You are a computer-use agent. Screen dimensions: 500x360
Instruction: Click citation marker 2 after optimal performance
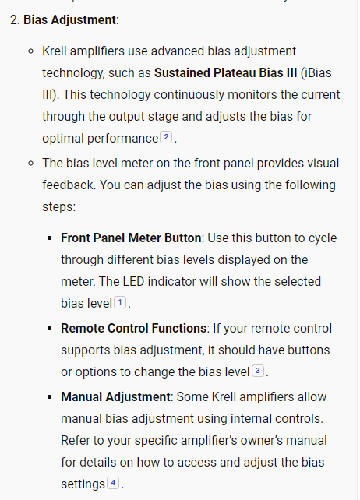click(166, 138)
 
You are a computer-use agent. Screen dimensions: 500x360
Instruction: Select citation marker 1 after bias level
click(120, 302)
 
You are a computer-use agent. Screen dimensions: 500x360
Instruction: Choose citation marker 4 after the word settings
click(114, 484)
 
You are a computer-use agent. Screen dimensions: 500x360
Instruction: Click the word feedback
click(71, 185)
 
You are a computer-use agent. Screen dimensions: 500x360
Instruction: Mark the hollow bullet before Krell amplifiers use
click(30, 51)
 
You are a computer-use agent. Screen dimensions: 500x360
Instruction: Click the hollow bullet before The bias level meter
click(30, 164)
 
